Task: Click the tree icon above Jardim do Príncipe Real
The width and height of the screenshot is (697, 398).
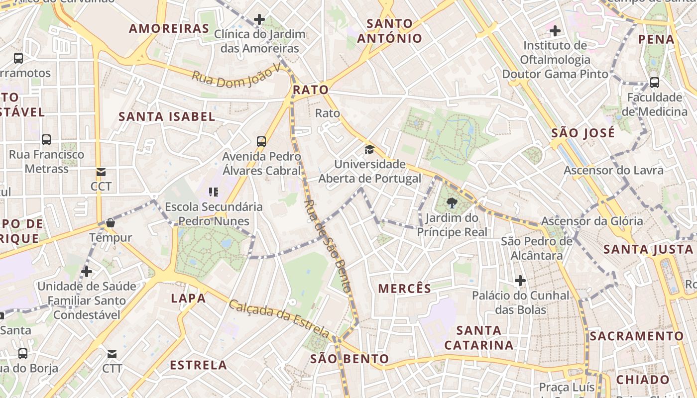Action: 452,202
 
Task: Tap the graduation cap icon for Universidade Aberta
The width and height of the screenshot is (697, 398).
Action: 369,149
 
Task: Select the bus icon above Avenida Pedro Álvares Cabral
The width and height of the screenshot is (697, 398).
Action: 261,141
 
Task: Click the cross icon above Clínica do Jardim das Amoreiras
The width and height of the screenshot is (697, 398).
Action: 259,19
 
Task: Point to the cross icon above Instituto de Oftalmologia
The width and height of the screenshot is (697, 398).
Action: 555,31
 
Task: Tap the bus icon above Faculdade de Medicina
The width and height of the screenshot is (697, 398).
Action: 655,83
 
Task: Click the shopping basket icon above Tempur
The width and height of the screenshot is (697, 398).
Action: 111,223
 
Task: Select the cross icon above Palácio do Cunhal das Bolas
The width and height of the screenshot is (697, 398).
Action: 520,281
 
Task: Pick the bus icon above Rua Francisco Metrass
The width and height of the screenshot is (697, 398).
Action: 46,140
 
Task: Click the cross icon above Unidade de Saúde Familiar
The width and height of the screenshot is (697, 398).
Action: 87,272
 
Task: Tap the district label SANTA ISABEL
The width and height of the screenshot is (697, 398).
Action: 167,117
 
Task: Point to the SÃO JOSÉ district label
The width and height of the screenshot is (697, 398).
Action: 583,133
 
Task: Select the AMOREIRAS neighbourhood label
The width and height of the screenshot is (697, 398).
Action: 169,28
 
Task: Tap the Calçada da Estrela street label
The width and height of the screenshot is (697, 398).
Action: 279,317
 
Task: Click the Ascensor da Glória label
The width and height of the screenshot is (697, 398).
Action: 592,221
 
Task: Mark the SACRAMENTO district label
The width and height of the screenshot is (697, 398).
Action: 637,336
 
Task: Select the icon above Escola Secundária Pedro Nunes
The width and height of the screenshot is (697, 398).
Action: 214,192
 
